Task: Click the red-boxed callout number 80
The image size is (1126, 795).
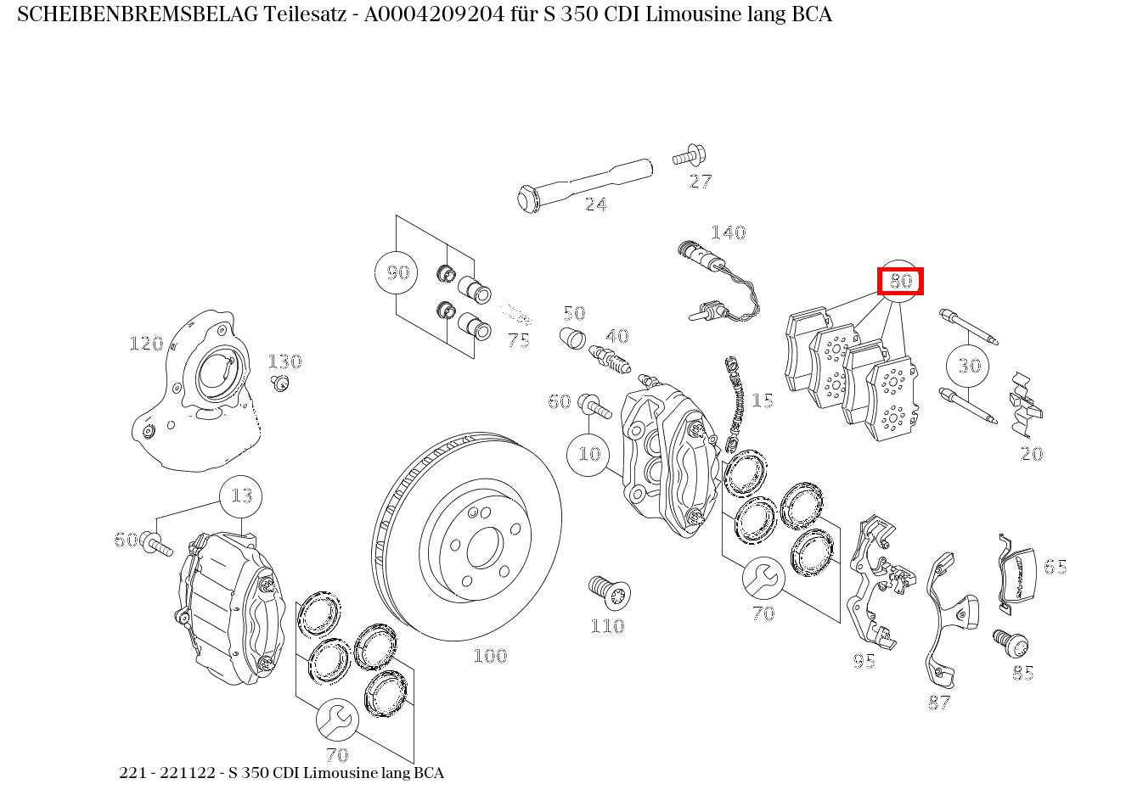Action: tap(900, 281)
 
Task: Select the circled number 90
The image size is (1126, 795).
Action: tap(397, 272)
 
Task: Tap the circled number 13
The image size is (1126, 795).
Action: tap(241, 495)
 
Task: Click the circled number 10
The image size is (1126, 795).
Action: tap(588, 454)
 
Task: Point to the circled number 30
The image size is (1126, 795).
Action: tap(969, 366)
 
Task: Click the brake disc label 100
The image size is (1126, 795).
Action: tap(490, 656)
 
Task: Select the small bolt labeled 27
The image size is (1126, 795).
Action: tap(687, 157)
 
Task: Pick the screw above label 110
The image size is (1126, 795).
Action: tap(607, 591)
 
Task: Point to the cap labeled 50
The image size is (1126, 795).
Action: tap(573, 338)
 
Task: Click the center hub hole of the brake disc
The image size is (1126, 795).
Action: tap(484, 548)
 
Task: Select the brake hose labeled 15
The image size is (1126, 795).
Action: tap(734, 403)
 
